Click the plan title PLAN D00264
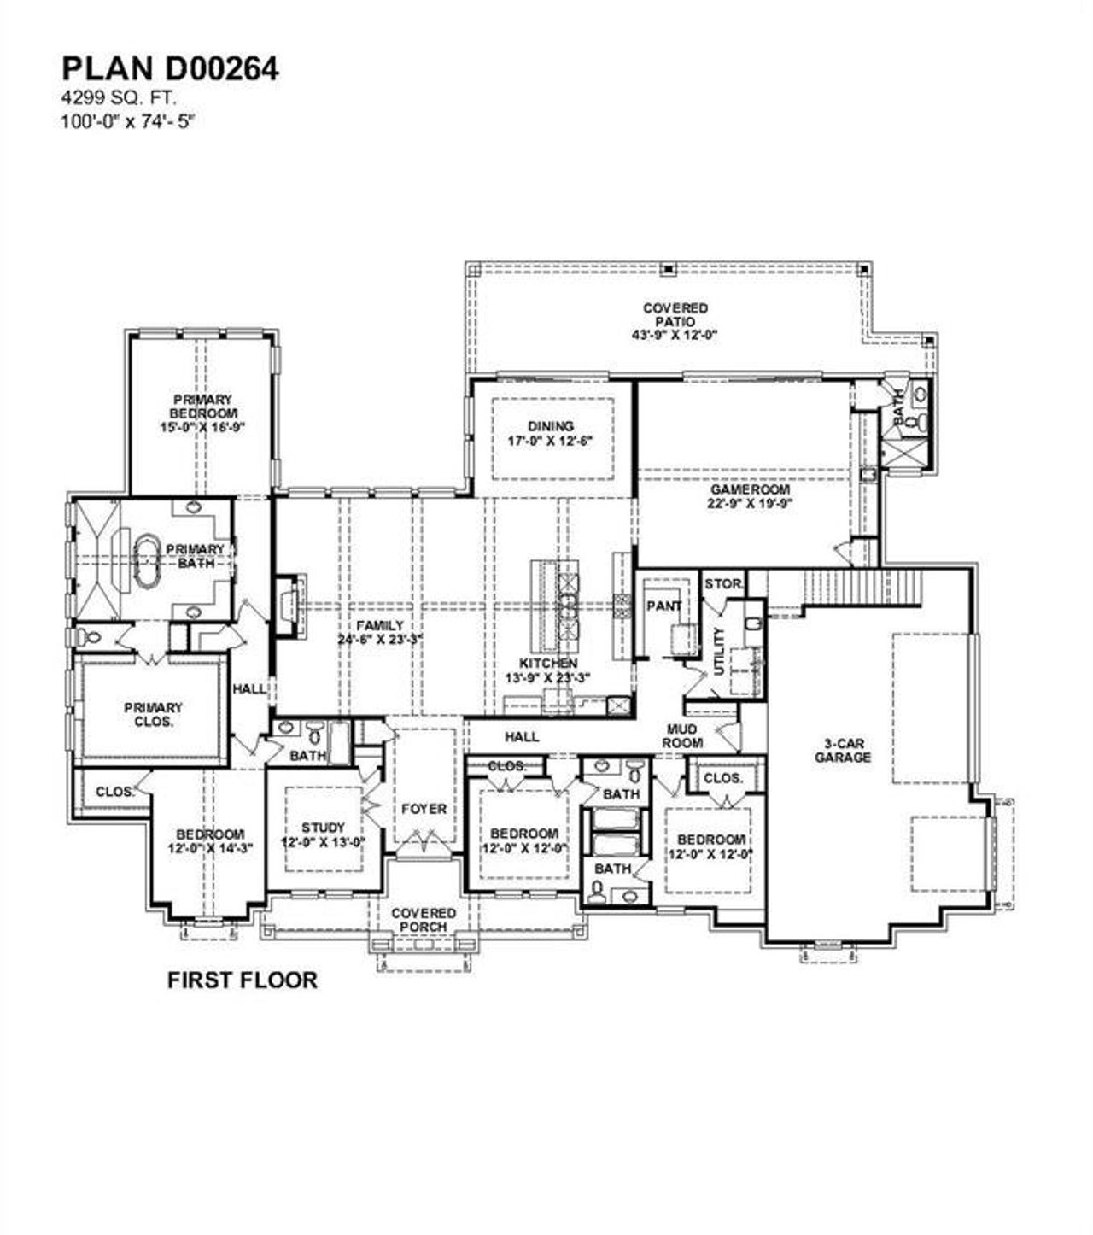(x=169, y=69)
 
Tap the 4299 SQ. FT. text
(x=119, y=99)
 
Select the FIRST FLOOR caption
(x=242, y=980)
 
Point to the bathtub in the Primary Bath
(x=148, y=560)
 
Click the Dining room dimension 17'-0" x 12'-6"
(x=552, y=441)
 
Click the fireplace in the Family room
(x=287, y=606)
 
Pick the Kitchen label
(x=548, y=663)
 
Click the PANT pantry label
(x=663, y=606)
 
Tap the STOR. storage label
(x=723, y=584)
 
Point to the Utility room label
(x=718, y=651)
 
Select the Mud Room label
(x=683, y=736)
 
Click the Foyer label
(x=424, y=808)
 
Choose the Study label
(x=324, y=827)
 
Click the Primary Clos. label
(x=153, y=714)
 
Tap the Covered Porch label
(x=424, y=920)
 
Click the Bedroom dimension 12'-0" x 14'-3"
(x=210, y=848)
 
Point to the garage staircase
(x=863, y=586)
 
